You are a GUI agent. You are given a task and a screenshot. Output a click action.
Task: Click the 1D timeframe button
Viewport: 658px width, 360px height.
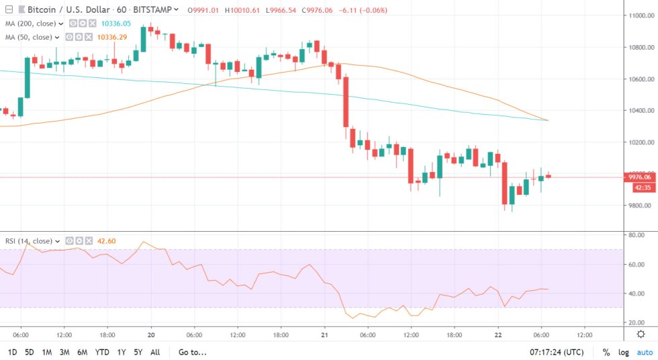(x=13, y=352)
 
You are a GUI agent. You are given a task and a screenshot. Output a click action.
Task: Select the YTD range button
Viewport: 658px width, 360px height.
(x=102, y=352)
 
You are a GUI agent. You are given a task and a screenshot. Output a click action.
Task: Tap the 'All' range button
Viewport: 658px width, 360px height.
(x=155, y=352)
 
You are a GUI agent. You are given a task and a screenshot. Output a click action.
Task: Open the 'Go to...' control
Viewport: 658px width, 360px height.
(x=192, y=352)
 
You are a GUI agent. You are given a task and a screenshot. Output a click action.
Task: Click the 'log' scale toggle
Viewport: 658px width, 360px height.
(x=624, y=352)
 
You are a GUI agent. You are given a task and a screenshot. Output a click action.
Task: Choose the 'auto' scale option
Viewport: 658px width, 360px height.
(x=645, y=352)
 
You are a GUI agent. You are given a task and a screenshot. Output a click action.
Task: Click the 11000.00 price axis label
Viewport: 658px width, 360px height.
(x=639, y=15)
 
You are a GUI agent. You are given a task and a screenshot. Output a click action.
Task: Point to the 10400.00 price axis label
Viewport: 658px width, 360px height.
(x=639, y=111)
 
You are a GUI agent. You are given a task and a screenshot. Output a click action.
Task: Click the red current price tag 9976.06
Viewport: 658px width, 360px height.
(x=639, y=177)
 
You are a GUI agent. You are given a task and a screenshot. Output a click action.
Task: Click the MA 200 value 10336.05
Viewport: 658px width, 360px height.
(x=115, y=24)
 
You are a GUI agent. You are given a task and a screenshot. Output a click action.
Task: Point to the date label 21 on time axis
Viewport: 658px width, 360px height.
(x=324, y=334)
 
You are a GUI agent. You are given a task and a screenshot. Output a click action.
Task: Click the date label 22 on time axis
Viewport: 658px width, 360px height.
(x=498, y=334)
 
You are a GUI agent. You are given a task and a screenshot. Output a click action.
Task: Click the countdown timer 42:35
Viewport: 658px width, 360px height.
(x=639, y=187)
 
